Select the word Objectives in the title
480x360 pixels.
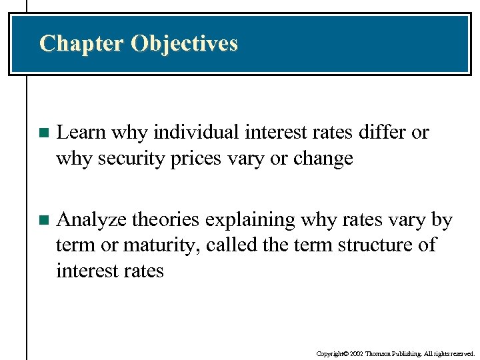click(184, 43)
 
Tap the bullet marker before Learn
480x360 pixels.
click(44, 133)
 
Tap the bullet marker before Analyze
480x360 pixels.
click(44, 220)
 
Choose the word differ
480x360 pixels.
click(382, 133)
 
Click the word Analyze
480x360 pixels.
click(92, 219)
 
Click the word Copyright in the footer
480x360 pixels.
click(330, 353)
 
